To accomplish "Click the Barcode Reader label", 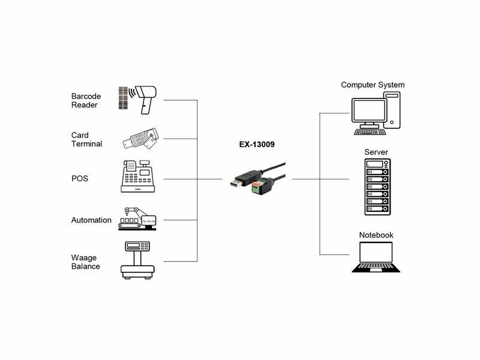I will click(x=86, y=101).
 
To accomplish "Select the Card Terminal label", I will click(x=86, y=140).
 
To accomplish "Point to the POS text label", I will click(x=79, y=179).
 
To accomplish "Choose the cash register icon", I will click(x=138, y=176).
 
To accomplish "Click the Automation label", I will click(x=91, y=220).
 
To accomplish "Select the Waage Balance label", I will click(x=85, y=262).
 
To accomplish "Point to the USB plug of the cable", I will click(x=237, y=182).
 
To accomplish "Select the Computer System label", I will click(x=373, y=85).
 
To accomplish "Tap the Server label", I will click(x=376, y=152).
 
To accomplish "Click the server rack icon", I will click(x=377, y=187).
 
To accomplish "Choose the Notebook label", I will click(x=376, y=235).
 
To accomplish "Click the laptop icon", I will click(x=376, y=257).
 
